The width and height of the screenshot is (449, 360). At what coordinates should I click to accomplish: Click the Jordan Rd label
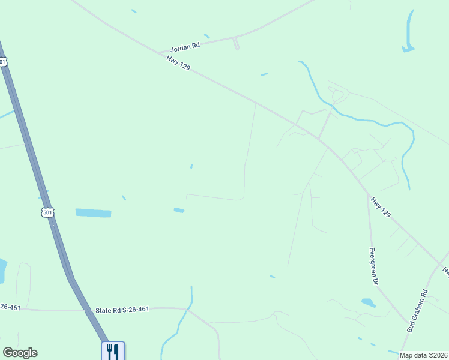click(185, 46)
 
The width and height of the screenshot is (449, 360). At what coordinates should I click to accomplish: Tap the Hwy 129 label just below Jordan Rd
click(179, 62)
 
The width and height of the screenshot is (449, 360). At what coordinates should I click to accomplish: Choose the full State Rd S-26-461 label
click(122, 310)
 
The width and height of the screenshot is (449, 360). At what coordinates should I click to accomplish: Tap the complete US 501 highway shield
click(48, 212)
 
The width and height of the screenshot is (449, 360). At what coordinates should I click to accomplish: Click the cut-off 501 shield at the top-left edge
click(3, 61)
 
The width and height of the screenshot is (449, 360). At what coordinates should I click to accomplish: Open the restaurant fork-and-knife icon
click(113, 350)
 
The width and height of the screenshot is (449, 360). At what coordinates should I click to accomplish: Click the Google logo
click(20, 353)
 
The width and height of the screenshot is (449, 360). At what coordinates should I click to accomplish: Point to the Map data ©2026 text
click(424, 355)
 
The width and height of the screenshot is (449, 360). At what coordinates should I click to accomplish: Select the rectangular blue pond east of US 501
click(93, 213)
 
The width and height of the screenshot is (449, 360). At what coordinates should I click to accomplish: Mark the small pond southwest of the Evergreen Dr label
click(368, 303)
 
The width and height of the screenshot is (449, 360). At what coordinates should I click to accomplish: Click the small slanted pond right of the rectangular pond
click(179, 210)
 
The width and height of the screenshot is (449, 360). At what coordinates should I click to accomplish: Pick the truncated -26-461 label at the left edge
click(10, 307)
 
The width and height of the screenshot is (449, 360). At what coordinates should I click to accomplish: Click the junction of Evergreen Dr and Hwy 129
click(368, 194)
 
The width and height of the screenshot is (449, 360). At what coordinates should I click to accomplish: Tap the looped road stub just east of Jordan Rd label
click(235, 44)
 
